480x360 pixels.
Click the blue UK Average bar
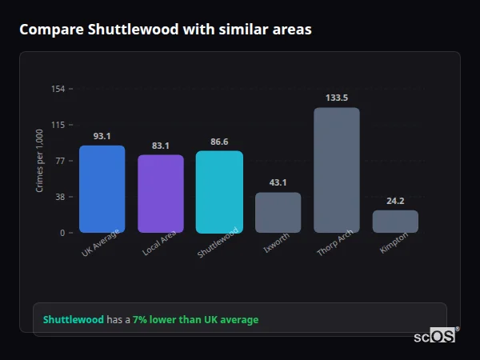click(x=102, y=189)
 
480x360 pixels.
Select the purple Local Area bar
click(x=161, y=194)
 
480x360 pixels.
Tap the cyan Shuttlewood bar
click(x=219, y=191)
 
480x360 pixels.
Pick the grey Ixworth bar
click(x=278, y=212)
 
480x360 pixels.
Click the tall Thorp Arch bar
click(x=337, y=170)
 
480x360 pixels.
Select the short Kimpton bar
click(x=395, y=221)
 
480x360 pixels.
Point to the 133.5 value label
click(x=337, y=98)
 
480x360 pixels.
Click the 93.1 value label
click(x=102, y=136)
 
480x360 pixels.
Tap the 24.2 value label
click(x=395, y=201)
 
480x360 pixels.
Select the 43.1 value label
click(x=278, y=183)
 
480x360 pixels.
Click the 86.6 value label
click(x=219, y=142)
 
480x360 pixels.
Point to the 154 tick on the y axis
click(x=58, y=89)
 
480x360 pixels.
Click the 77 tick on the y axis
click(x=60, y=161)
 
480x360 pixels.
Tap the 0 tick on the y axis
click(x=62, y=233)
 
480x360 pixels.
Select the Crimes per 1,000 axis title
click(x=40, y=160)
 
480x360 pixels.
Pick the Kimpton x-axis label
click(x=394, y=242)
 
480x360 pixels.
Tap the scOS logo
click(x=435, y=336)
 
